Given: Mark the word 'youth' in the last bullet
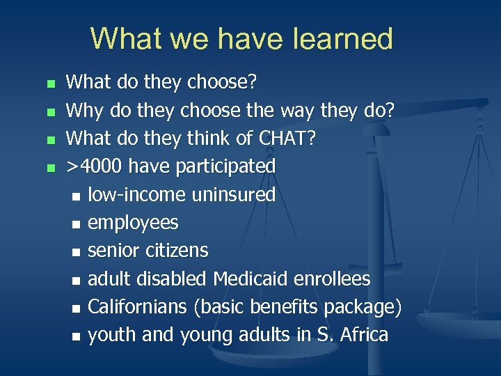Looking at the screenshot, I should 112,335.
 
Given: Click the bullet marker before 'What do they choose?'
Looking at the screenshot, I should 49,84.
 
